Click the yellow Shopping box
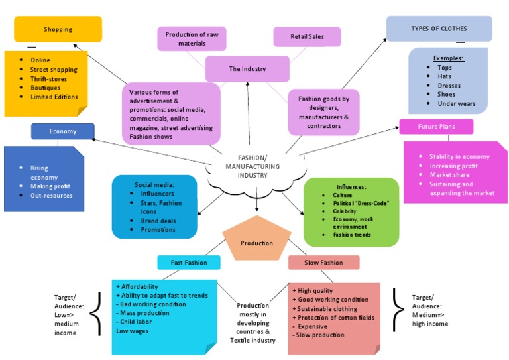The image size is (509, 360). (58, 29)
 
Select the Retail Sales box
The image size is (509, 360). (307, 37)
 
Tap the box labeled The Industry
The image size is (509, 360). (247, 69)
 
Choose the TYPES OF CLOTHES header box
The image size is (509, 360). (439, 29)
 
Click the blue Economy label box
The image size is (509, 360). (63, 131)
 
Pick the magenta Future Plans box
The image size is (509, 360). (436, 127)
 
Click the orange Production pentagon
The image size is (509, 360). (256, 242)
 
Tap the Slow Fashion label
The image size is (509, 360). (323, 263)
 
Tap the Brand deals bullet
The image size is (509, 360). (158, 221)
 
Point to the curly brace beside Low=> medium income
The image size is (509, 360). (97, 314)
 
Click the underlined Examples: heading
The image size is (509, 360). (449, 58)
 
